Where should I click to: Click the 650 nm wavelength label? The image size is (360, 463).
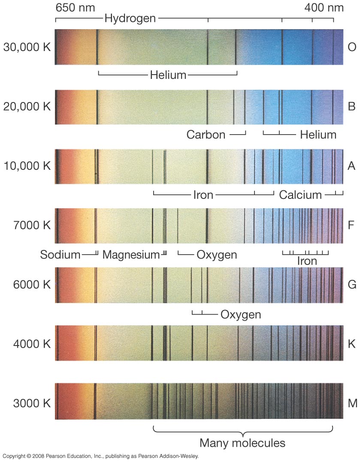pyautogui.click(x=75, y=8)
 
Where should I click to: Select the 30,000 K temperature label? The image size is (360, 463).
pyautogui.click(x=27, y=47)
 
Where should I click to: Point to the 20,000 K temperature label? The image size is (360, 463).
pyautogui.click(x=27, y=107)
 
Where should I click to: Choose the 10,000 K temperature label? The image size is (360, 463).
pyautogui.click(x=27, y=166)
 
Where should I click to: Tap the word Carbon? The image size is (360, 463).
pyautogui.click(x=206, y=135)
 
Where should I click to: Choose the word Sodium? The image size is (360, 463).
pyautogui.click(x=60, y=255)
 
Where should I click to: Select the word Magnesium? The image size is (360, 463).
pyautogui.click(x=131, y=255)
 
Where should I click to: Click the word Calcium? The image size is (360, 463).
pyautogui.click(x=300, y=195)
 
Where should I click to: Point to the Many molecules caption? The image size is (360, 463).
pyautogui.click(x=242, y=442)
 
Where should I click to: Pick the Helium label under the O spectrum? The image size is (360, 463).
pyautogui.click(x=168, y=75)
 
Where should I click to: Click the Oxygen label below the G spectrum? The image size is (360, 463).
pyautogui.click(x=241, y=315)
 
